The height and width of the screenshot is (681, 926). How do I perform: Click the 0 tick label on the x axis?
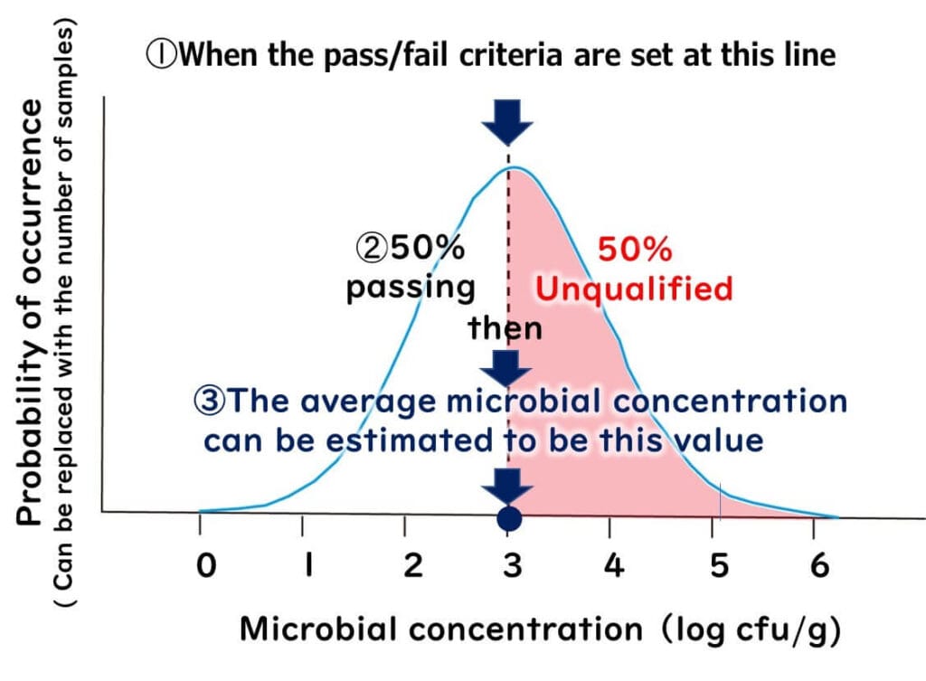pyautogui.click(x=208, y=567)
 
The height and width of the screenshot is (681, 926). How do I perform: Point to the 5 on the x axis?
pyautogui.click(x=719, y=567)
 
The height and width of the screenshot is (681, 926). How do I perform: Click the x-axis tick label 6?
pyautogui.click(x=818, y=567)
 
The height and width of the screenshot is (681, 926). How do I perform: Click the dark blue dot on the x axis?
pyautogui.click(x=509, y=519)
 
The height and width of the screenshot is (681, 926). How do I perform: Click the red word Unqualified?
pyautogui.click(x=632, y=289)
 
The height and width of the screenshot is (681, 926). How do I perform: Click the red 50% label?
pyautogui.click(x=636, y=249)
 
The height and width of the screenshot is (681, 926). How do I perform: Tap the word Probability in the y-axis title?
pyautogui.click(x=30, y=434)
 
